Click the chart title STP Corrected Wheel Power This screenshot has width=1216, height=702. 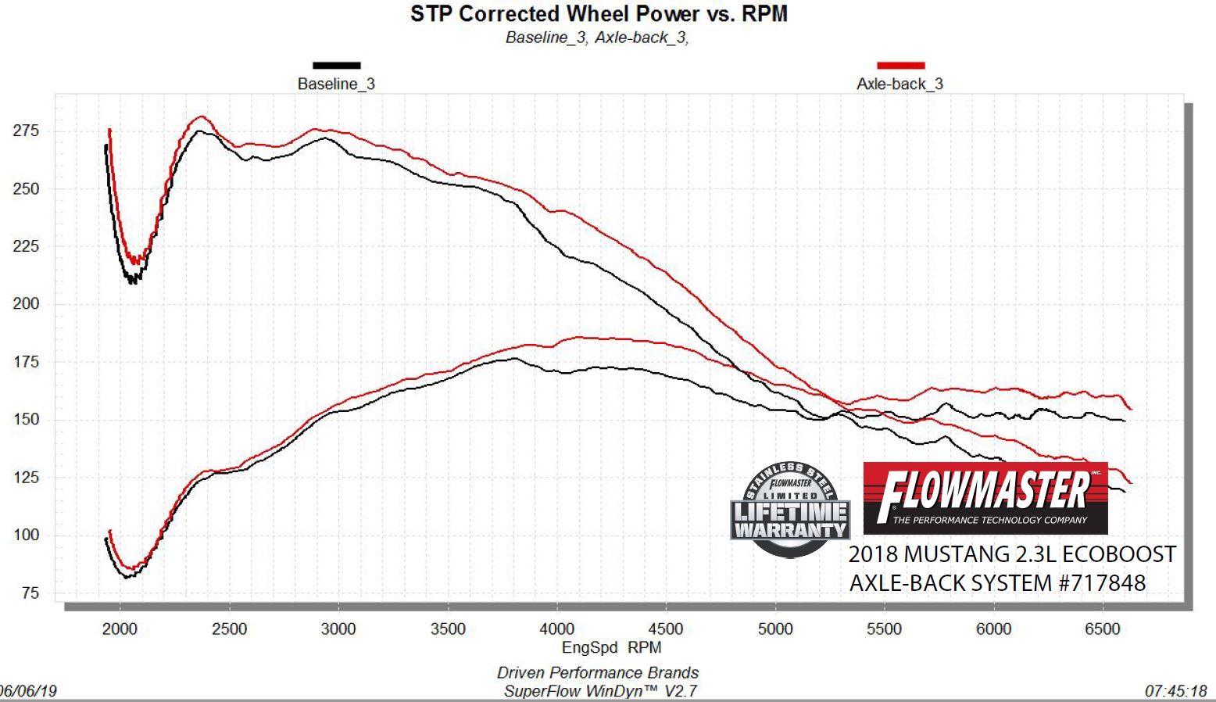[599, 14]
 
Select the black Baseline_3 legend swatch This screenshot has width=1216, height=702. [336, 66]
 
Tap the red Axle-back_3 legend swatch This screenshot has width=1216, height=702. [900, 66]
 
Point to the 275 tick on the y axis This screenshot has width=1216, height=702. [26, 131]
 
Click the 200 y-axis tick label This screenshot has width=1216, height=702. [26, 304]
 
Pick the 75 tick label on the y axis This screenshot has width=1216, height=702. [30, 593]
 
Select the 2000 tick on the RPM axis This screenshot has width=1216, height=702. [120, 629]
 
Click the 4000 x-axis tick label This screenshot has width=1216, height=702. [556, 629]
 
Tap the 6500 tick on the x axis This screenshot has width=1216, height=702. [1102, 629]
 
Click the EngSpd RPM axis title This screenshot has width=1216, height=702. [611, 648]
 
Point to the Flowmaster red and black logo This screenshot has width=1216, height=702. [985, 498]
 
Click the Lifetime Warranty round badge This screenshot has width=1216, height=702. [790, 509]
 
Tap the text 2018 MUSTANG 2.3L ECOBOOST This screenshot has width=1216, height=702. [1012, 554]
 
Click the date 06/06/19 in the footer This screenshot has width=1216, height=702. [28, 692]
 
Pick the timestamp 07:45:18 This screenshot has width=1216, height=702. [1175, 692]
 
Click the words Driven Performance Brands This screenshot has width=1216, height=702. [598, 673]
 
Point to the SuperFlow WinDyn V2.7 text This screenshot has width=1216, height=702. [599, 691]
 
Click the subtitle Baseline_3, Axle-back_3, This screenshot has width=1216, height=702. [597, 38]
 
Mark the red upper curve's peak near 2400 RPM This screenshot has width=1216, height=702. [202, 116]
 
